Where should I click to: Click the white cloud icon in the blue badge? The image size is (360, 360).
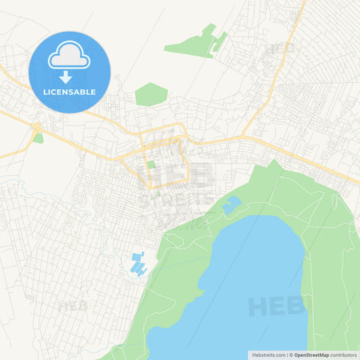69,55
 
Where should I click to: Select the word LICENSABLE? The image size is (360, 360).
69,92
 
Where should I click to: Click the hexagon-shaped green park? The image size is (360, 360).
151,94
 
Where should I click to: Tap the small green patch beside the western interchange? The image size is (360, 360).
38,138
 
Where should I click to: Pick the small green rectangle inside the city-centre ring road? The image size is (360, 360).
151,165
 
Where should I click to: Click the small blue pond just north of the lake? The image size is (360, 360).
232,204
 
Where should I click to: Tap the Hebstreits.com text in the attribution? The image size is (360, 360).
267,355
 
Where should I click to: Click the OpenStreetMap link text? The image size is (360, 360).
312,355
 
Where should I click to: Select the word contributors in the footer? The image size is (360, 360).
344,355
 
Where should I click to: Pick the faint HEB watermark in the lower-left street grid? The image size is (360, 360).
72,305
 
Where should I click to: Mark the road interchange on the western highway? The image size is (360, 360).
34,126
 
